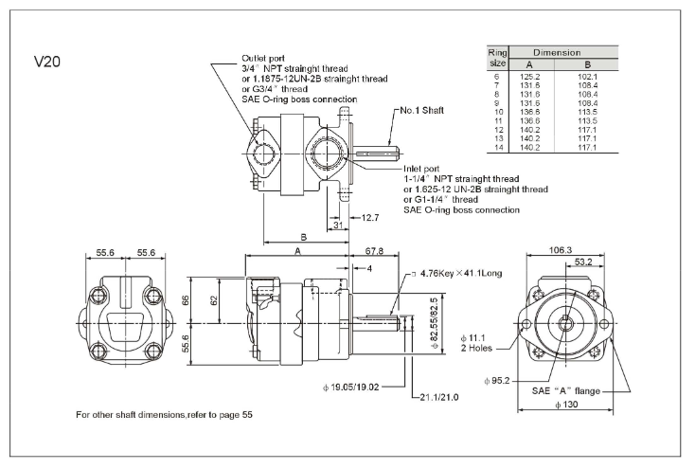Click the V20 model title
48,62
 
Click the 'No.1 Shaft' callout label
422,110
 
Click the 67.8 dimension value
374,251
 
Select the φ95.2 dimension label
497,380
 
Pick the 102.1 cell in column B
589,77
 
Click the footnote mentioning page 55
165,415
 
